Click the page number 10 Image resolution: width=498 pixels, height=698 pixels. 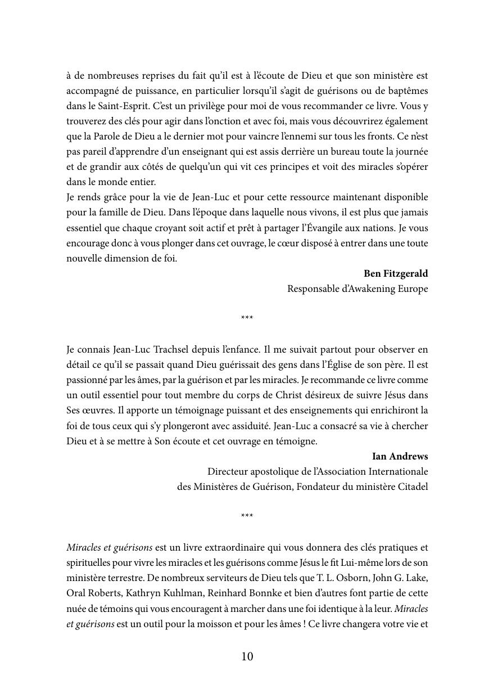click(x=247, y=656)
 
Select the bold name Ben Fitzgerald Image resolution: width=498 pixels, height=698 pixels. click(x=396, y=274)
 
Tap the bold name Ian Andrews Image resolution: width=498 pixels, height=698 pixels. click(x=400, y=456)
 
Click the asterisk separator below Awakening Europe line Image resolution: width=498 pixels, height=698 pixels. click(x=247, y=318)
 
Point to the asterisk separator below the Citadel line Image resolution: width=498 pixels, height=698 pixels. click(x=247, y=516)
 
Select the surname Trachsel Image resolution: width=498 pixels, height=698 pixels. click(x=174, y=350)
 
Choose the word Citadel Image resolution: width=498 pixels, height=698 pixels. click(x=411, y=487)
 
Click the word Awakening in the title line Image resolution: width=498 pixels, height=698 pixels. click(x=370, y=289)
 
